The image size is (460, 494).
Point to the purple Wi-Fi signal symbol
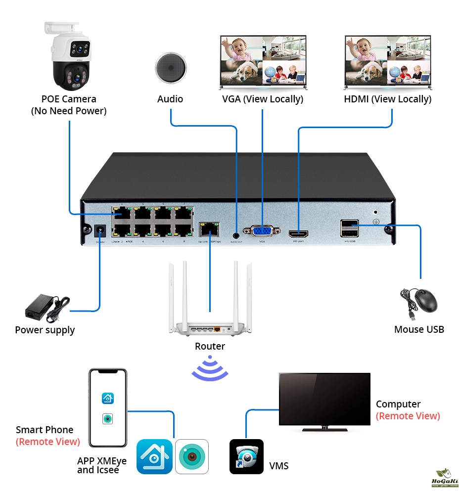[210, 368]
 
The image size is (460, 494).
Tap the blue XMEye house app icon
[154, 456]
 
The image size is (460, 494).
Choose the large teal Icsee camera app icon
[192, 456]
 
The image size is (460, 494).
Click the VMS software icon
[246, 456]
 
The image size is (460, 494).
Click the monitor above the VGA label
[263, 61]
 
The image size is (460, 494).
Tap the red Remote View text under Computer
[408, 416]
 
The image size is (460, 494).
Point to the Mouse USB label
[419, 329]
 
